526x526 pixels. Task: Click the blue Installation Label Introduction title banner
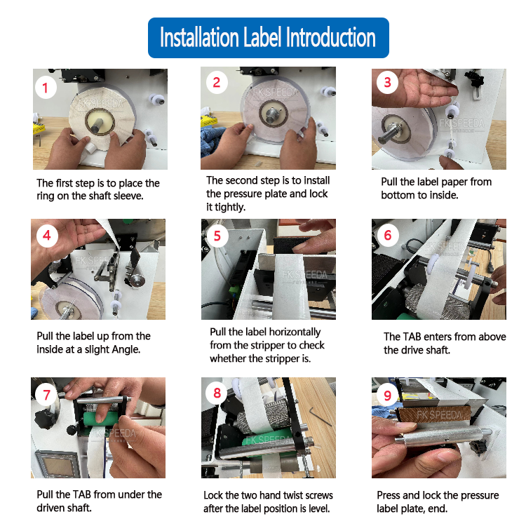coord(269,38)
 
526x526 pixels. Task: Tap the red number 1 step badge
coord(46,88)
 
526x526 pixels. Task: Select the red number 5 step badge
coord(217,236)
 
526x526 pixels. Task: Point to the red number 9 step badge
coord(387,396)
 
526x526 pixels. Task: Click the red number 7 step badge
coord(46,395)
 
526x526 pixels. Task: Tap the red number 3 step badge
coord(387,82)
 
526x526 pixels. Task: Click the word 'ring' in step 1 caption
coord(46,196)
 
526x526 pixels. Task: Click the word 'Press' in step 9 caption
coord(389,495)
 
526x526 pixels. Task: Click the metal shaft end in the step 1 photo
coord(97,123)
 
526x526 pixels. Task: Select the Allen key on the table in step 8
coord(321,416)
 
